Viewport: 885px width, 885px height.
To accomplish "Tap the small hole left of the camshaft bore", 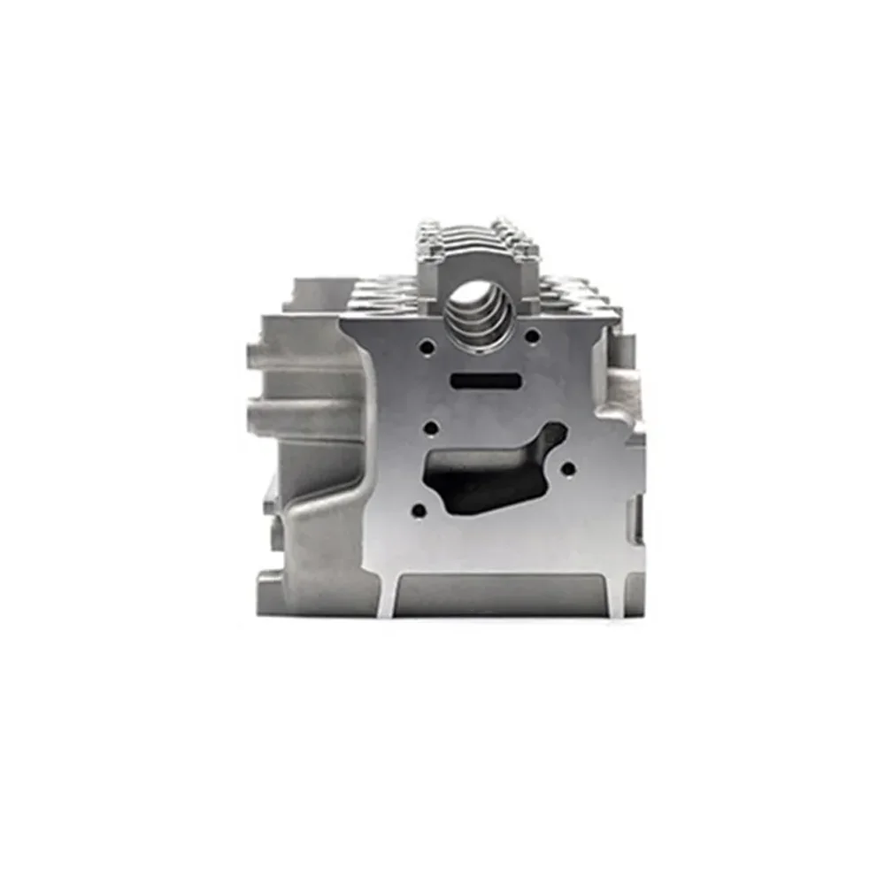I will pyautogui.click(x=427, y=347).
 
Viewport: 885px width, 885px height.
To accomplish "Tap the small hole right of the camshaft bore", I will pyautogui.click(x=532, y=335).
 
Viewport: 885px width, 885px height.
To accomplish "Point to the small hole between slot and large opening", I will pyautogui.click(x=431, y=428).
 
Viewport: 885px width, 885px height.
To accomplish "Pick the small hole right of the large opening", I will pyautogui.click(x=568, y=468).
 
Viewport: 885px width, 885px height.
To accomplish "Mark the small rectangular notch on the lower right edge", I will pyautogui.click(x=635, y=513).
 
